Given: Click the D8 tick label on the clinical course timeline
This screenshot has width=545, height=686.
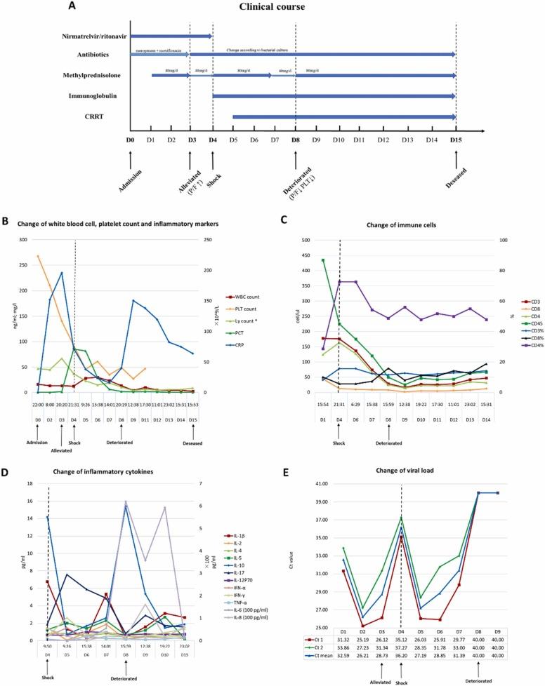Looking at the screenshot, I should (295, 140).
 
